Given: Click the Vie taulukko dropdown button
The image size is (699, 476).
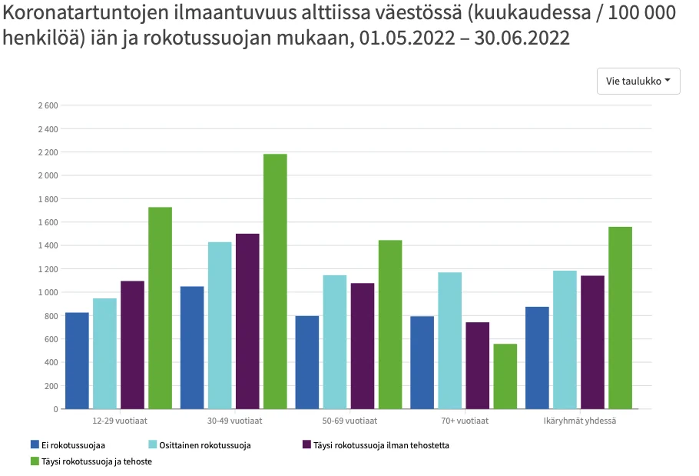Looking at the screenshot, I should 638,81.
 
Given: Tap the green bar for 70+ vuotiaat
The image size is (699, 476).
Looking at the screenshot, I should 505,376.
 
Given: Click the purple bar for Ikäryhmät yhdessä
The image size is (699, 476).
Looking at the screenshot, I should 592,341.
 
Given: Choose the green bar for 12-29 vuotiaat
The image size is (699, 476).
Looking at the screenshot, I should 160,308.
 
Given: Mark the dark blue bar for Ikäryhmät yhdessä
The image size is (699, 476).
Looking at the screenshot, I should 537,358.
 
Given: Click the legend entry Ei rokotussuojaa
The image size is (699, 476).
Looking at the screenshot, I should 74,444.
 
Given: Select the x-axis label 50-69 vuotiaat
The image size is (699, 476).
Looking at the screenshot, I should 349,421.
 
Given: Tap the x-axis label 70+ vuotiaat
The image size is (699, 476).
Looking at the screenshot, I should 464,421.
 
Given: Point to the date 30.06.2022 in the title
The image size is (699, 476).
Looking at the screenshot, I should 522,38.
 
